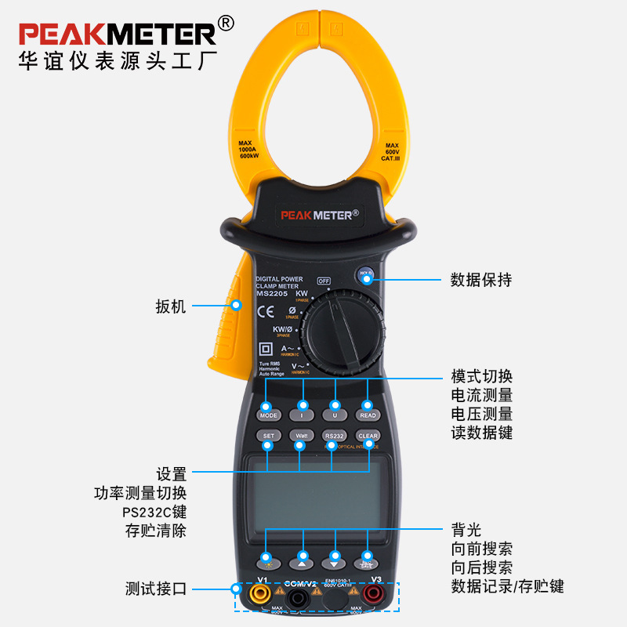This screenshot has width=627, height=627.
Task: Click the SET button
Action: (268, 436)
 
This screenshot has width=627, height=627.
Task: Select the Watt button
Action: (300, 436)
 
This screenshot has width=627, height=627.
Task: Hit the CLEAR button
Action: (368, 436)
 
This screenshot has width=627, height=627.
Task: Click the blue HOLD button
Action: (365, 274)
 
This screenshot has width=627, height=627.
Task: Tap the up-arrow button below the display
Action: (302, 561)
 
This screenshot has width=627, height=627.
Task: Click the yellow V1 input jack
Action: (256, 597)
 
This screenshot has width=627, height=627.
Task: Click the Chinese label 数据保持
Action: (481, 280)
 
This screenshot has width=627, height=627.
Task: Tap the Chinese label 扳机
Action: (172, 306)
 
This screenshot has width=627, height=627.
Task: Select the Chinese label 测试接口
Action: (156, 589)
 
